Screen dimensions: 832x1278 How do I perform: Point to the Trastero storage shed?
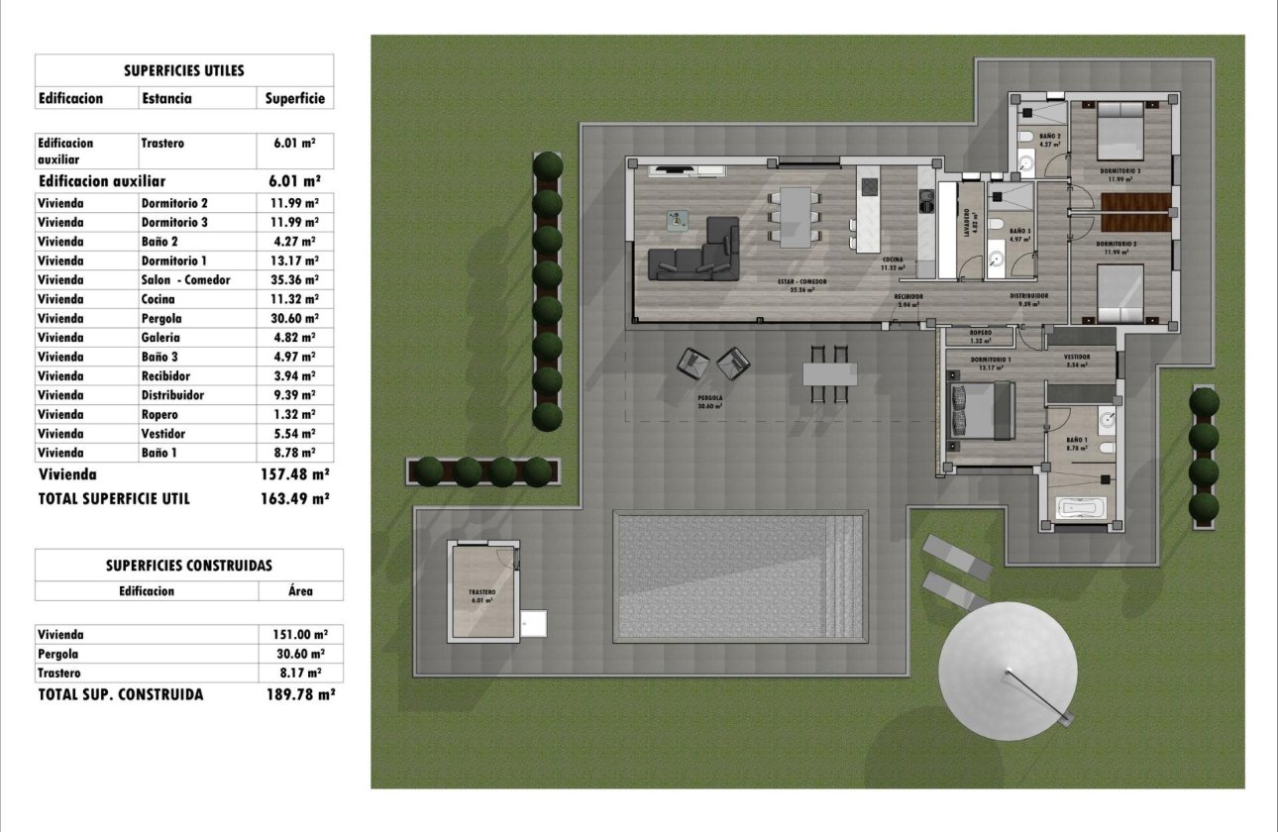484,591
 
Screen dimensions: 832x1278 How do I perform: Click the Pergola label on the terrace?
708,399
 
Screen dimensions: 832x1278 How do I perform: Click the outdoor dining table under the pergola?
830,373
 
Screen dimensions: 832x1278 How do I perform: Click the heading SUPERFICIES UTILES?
184,71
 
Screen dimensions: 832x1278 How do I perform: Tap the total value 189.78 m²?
300,695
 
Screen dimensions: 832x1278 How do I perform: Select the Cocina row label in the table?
159,299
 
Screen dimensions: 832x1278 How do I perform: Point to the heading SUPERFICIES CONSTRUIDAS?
188,566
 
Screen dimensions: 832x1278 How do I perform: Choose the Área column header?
300,591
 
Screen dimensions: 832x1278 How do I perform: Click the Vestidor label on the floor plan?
1077,357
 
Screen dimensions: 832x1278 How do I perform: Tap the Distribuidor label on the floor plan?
1029,296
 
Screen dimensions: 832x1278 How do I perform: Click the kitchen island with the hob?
869,217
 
